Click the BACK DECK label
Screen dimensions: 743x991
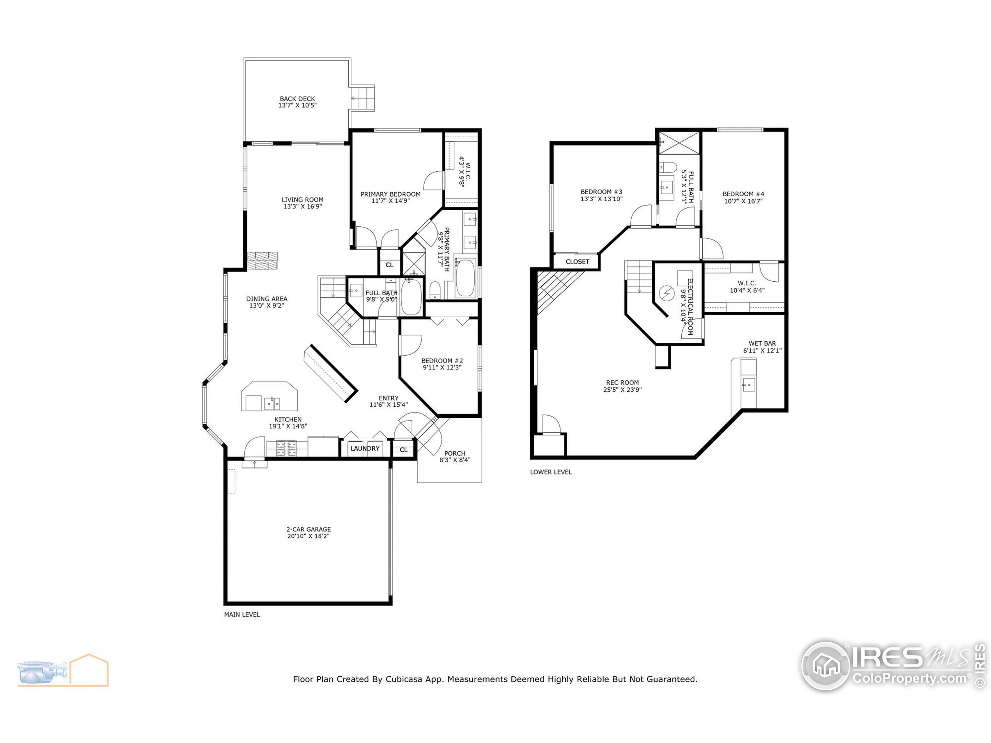click(297, 99)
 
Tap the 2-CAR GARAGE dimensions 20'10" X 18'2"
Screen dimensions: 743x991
click(308, 536)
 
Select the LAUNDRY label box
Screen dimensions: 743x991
click(365, 448)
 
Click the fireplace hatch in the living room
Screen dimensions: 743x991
click(262, 261)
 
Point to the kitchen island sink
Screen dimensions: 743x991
click(271, 402)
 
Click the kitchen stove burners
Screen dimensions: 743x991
click(287, 448)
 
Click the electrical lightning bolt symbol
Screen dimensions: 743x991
click(667, 293)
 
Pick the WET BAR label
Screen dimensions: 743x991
click(762, 344)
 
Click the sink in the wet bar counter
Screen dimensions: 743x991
click(748, 385)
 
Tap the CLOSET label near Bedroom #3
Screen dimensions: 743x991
click(577, 262)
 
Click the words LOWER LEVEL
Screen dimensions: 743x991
click(550, 472)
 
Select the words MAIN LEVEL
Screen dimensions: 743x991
click(242, 615)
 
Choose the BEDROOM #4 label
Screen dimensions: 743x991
click(743, 194)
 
